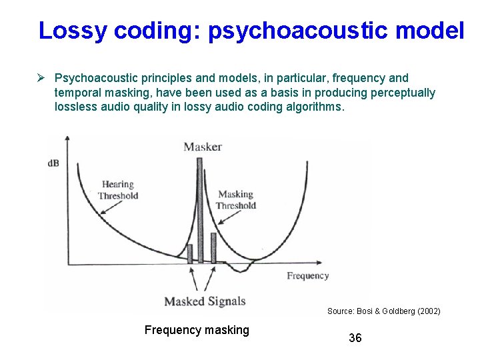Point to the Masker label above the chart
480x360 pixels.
pyautogui.click(x=203, y=147)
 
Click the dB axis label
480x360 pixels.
pyautogui.click(x=53, y=163)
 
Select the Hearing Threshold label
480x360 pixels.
pyautogui.click(x=118, y=190)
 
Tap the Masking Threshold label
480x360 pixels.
pyautogui.click(x=236, y=199)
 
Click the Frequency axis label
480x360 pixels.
pyautogui.click(x=307, y=275)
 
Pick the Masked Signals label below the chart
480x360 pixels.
pyautogui.click(x=205, y=301)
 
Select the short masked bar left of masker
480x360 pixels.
pyautogui.click(x=189, y=253)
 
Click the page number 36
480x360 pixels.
pyautogui.click(x=355, y=338)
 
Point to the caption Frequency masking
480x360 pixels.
pyautogui.click(x=197, y=329)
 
